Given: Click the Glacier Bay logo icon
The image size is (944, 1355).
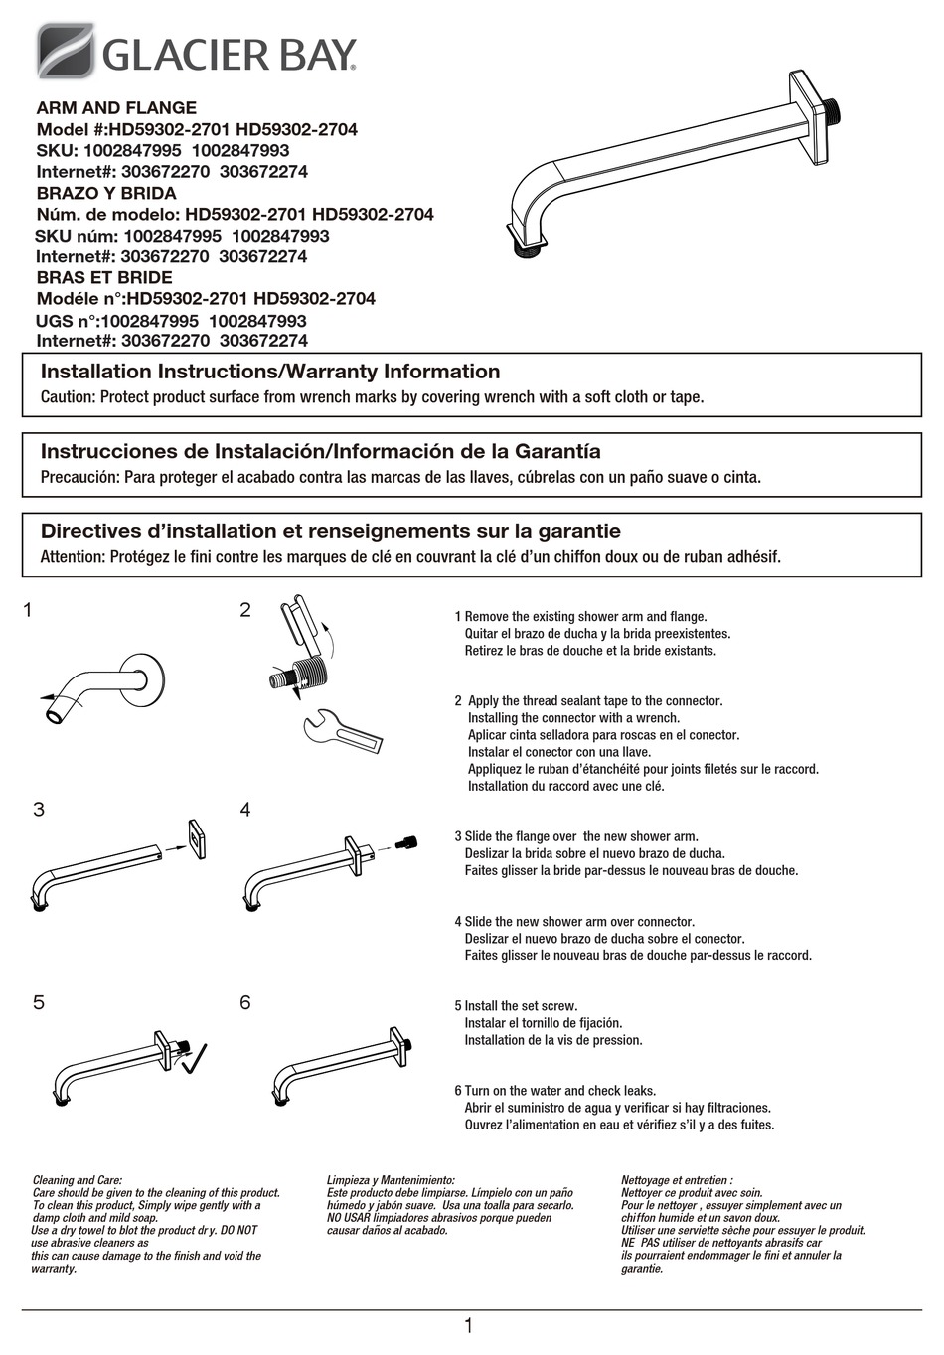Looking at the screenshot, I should [x=66, y=51].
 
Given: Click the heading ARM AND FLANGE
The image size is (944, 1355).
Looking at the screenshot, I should [x=116, y=108].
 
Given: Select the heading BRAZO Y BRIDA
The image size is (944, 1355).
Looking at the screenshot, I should [x=106, y=194].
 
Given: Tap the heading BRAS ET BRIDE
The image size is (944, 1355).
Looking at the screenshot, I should [x=104, y=278].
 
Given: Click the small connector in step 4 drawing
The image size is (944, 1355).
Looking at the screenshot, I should [x=404, y=842].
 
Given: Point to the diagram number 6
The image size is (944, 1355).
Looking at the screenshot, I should [x=245, y=1003].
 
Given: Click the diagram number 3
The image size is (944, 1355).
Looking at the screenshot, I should [x=39, y=810].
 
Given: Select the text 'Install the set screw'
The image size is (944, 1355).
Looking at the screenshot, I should [x=521, y=1006].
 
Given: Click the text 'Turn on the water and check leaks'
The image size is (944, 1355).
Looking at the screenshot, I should [x=560, y=1091].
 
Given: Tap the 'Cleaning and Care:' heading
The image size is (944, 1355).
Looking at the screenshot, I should [x=78, y=1180].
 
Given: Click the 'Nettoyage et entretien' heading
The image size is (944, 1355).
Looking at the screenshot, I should [x=677, y=1180].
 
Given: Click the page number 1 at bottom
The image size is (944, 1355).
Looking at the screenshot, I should [x=468, y=1326].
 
